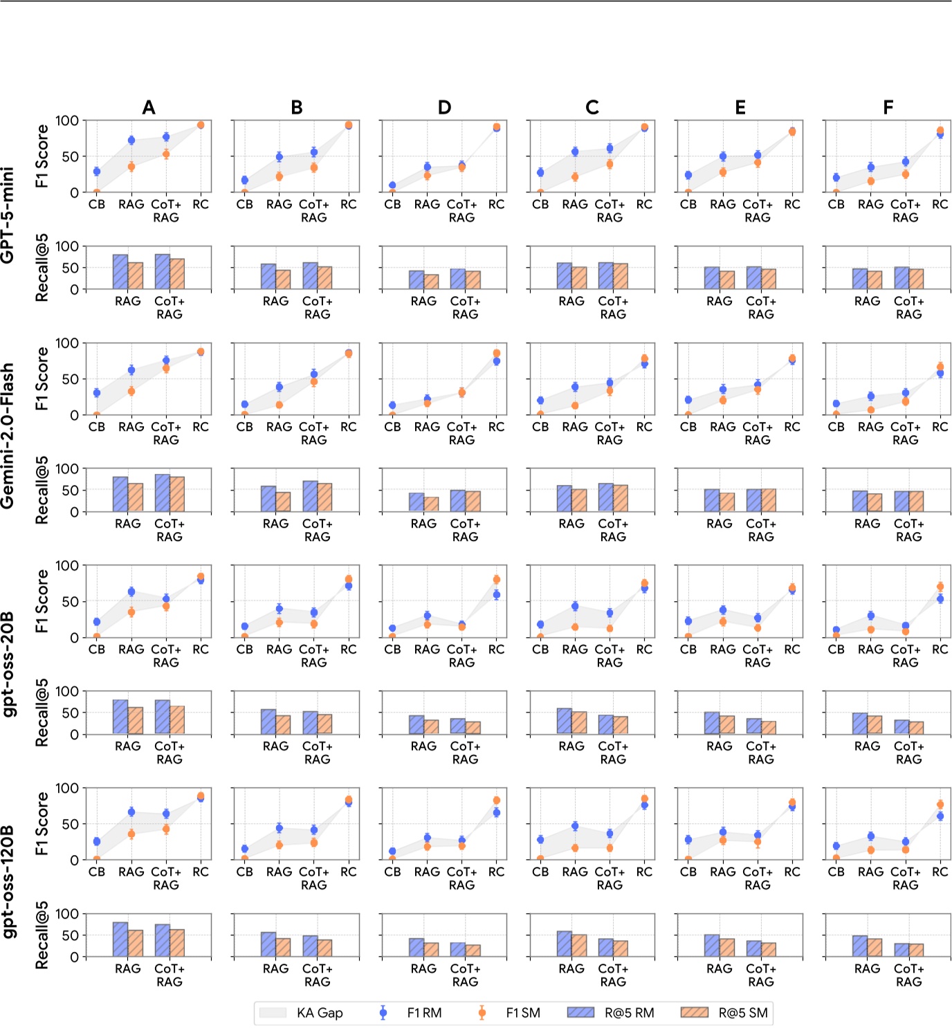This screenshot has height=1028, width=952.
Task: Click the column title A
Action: point(149,107)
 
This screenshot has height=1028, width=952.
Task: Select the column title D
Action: point(444,107)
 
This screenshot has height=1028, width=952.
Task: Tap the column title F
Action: point(888,107)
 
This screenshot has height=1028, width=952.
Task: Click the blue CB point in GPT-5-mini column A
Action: point(97,172)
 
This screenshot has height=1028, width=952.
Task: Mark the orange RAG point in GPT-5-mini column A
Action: point(131,167)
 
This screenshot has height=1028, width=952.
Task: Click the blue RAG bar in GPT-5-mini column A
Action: point(120,272)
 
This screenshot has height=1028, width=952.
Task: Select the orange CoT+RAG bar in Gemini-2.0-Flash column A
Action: point(177,494)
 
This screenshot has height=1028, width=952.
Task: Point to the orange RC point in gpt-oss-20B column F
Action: point(940,587)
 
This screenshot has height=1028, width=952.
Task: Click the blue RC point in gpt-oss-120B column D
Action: point(496,813)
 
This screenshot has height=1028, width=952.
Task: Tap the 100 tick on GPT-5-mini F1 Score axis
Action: point(67,120)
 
